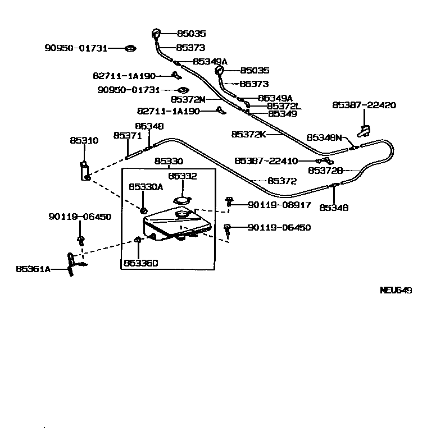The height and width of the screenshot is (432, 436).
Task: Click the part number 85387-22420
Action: [364, 105]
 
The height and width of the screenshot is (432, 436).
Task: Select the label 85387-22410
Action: [266, 161]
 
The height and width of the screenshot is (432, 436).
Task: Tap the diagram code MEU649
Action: [396, 291]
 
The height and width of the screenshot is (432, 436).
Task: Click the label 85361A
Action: [33, 269]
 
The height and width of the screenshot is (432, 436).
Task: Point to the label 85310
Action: [84, 141]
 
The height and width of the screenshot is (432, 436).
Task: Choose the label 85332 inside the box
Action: [183, 176]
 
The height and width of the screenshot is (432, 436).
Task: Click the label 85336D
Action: [141, 263]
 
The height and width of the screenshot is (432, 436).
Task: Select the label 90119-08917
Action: [279, 205]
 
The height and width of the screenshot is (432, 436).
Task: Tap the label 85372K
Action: [248, 135]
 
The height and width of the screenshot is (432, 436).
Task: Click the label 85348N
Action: [324, 137]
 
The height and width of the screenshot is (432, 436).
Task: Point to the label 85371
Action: [128, 136]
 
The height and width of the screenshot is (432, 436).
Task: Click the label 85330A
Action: [146, 187]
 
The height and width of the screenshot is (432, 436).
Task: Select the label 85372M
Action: [188, 99]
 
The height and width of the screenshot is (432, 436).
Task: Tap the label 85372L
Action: [284, 106]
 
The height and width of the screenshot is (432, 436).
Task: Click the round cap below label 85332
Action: [183, 199]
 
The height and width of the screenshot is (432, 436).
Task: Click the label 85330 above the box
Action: [169, 162]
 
